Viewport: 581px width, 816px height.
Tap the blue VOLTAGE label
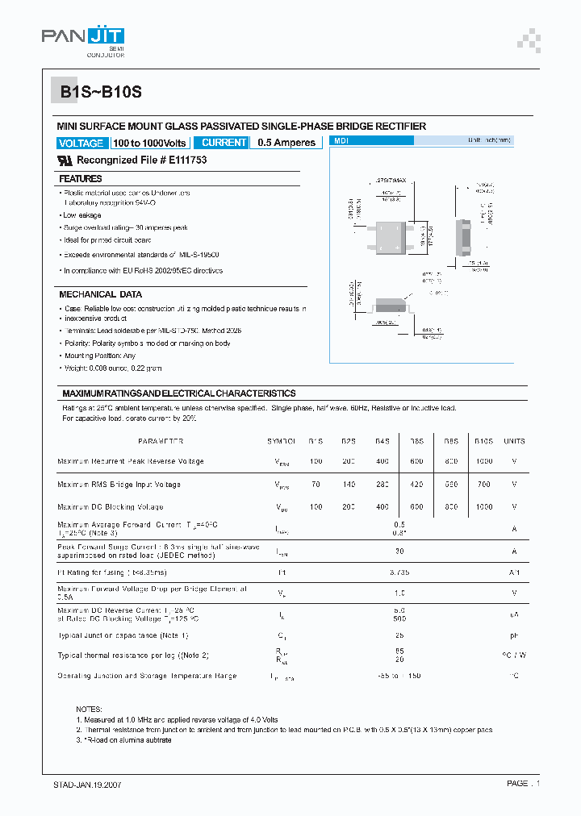82,143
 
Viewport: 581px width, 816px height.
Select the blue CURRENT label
224,143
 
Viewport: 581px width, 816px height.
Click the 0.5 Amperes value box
286,143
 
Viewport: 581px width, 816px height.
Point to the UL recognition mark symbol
65,160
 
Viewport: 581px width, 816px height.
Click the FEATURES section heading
81,178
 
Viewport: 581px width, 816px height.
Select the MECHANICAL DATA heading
101,294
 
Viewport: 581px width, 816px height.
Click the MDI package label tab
371,140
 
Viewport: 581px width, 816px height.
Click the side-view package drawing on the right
464,237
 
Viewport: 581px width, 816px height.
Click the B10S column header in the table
483,441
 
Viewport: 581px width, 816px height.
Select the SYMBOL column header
282,441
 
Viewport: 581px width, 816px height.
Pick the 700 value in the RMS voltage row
483,485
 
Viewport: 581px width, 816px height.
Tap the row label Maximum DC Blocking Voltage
110,507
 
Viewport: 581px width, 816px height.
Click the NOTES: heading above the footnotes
90,708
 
